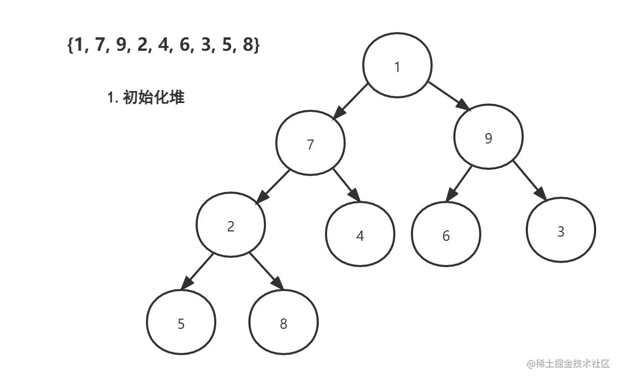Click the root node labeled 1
pyautogui.click(x=397, y=66)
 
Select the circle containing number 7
pyautogui.click(x=310, y=144)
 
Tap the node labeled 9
pyautogui.click(x=488, y=137)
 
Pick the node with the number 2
pyautogui.click(x=231, y=225)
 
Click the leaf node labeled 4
pyautogui.click(x=360, y=235)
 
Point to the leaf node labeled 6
pyautogui.click(x=446, y=235)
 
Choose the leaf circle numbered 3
pyautogui.click(x=560, y=230)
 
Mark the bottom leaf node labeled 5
pyautogui.click(x=181, y=323)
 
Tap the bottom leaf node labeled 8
pyautogui.click(x=283, y=323)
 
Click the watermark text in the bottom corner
pyautogui.click(x=568, y=363)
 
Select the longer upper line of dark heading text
pyautogui.click(x=163, y=45)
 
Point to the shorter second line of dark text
pyautogui.click(x=146, y=97)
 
